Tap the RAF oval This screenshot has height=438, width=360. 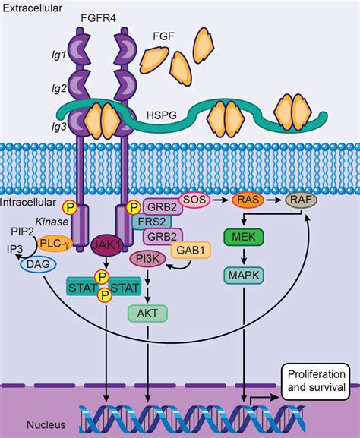[300, 201]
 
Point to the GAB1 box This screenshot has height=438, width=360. [191, 250]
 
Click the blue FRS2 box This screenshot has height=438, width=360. [150, 222]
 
